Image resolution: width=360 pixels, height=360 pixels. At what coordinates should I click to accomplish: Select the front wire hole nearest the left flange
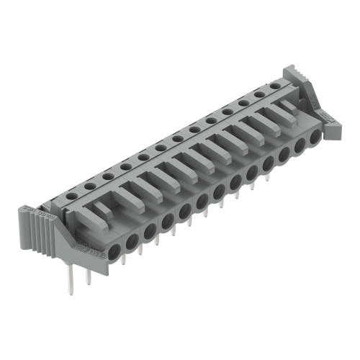(x=114, y=250)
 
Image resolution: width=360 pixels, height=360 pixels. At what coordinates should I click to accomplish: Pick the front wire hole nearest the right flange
(x=315, y=136)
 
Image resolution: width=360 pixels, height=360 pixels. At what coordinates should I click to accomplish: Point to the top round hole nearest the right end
(x=274, y=86)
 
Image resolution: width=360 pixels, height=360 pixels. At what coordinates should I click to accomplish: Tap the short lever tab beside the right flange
(x=287, y=107)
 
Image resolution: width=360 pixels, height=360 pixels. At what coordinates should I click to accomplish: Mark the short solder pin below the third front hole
(x=141, y=249)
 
